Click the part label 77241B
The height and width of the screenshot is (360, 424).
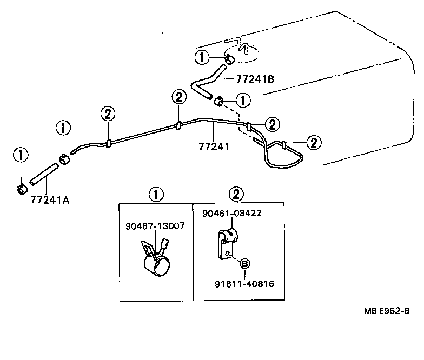(x=255, y=79)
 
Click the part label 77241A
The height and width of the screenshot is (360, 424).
(x=50, y=199)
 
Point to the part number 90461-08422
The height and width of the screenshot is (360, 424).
(x=232, y=214)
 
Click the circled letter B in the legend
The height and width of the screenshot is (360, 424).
(x=244, y=264)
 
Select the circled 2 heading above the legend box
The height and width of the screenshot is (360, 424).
(x=236, y=194)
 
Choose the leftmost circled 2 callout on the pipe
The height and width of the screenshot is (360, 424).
(x=108, y=114)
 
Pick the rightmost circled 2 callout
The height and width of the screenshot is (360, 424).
(x=313, y=142)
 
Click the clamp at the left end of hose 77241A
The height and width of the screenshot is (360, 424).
(x=21, y=189)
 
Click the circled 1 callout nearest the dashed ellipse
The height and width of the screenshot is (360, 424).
(x=202, y=57)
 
